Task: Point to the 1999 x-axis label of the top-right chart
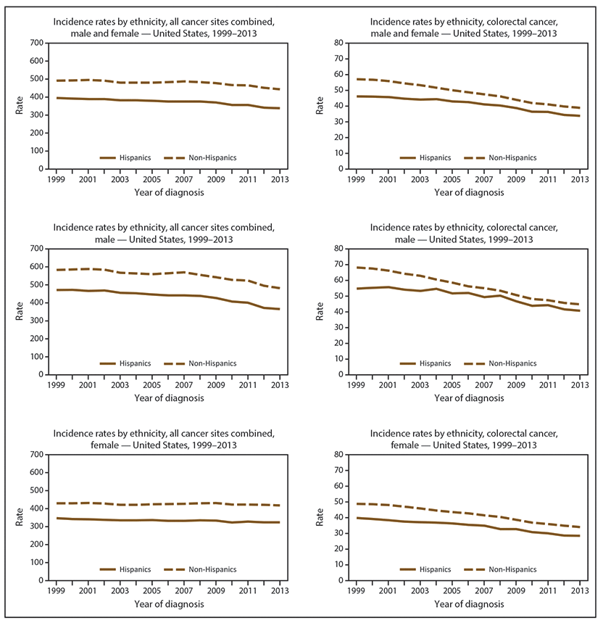pyautogui.click(x=356, y=178)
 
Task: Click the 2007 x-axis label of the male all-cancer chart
pyautogui.click(x=185, y=384)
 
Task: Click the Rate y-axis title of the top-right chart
pyautogui.click(x=319, y=106)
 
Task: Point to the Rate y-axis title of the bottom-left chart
pyautogui.click(x=16, y=518)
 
